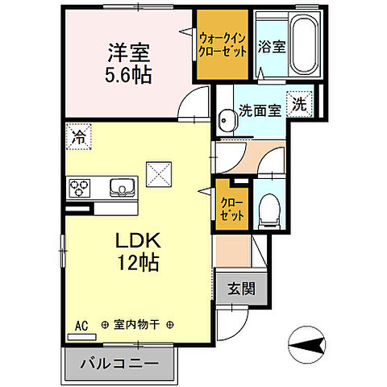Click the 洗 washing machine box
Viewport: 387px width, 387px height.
click(x=299, y=104)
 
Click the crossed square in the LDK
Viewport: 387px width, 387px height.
click(x=157, y=172)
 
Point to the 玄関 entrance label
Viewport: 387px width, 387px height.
click(x=237, y=288)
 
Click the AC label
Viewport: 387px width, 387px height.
click(x=81, y=325)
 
